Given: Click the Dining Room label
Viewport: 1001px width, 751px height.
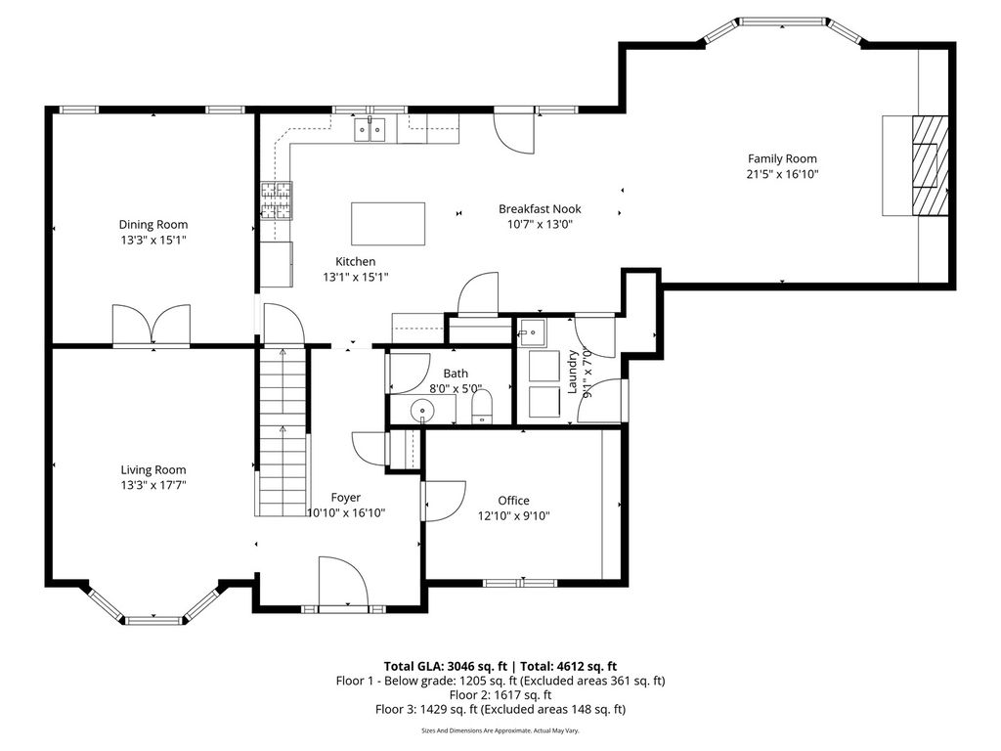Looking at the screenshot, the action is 153,224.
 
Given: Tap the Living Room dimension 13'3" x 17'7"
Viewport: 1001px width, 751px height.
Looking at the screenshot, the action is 153,485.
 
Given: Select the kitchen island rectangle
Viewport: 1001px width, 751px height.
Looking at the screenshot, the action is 388,224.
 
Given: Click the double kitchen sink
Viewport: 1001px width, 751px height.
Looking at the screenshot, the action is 370,129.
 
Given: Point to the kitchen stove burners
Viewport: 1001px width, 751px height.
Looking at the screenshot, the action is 276,200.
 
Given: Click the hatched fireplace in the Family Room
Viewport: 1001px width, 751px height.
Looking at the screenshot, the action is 930,165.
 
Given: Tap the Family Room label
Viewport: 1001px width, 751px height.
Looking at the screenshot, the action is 782,158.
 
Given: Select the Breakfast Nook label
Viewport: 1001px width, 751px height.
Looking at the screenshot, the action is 540,209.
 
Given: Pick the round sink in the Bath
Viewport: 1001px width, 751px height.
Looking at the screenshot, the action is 422,409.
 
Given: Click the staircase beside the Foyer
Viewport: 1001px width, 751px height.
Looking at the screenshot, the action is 283,431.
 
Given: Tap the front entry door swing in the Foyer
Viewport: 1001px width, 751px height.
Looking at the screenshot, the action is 343,580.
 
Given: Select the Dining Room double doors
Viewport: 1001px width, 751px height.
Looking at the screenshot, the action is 152,325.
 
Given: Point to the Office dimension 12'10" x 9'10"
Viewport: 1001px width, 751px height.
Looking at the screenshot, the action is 514,516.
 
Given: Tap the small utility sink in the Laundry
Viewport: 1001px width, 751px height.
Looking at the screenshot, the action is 532,332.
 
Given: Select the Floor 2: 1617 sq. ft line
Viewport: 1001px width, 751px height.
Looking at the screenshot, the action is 500,695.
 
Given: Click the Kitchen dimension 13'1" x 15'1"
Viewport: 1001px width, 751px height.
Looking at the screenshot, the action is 356,277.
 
